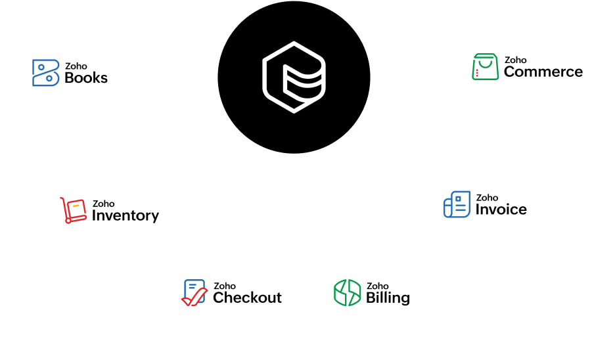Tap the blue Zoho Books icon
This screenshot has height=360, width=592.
point(45,73)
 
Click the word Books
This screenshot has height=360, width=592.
point(86,78)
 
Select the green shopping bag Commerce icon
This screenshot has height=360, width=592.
point(485,67)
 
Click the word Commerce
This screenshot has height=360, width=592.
point(543,72)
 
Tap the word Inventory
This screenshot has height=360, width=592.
point(125,215)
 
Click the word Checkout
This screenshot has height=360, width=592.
point(247,298)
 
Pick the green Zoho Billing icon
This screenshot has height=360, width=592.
point(347,292)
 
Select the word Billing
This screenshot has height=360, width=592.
point(388,298)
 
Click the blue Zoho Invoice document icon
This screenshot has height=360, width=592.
point(457,204)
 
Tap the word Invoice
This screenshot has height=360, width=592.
point(501,210)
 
